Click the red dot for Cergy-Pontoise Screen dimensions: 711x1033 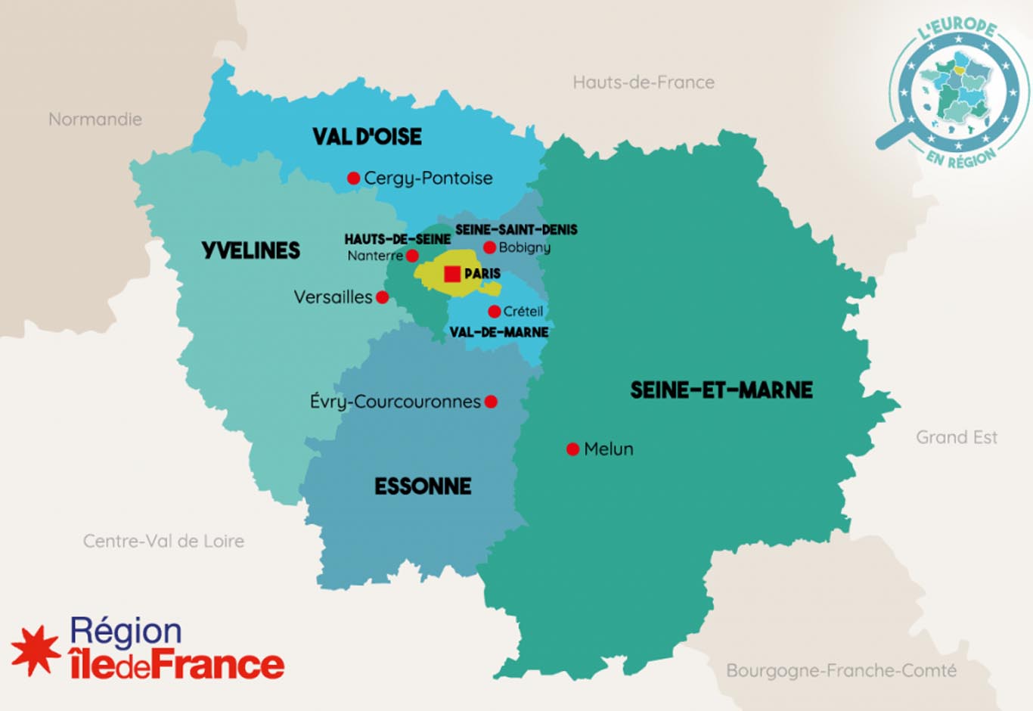353,179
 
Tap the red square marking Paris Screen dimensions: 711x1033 452,274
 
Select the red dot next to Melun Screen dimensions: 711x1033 572,449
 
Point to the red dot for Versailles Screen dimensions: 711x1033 383,297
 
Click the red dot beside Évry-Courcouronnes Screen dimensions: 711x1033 491,402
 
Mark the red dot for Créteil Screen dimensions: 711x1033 494,312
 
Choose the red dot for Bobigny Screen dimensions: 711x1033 489,247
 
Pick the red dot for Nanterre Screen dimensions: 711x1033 412,256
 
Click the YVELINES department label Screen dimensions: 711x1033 250,250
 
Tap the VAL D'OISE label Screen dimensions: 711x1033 367,137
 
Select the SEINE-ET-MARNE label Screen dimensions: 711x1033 721,390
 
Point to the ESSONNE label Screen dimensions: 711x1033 423,486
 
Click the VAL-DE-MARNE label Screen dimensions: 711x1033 499,332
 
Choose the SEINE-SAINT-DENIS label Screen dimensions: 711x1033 516,229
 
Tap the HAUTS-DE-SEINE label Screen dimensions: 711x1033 397,239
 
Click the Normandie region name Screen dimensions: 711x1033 95,120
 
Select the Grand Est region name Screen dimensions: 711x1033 957,437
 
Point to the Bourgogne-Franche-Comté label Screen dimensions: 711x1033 841,671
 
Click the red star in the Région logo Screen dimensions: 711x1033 36,650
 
